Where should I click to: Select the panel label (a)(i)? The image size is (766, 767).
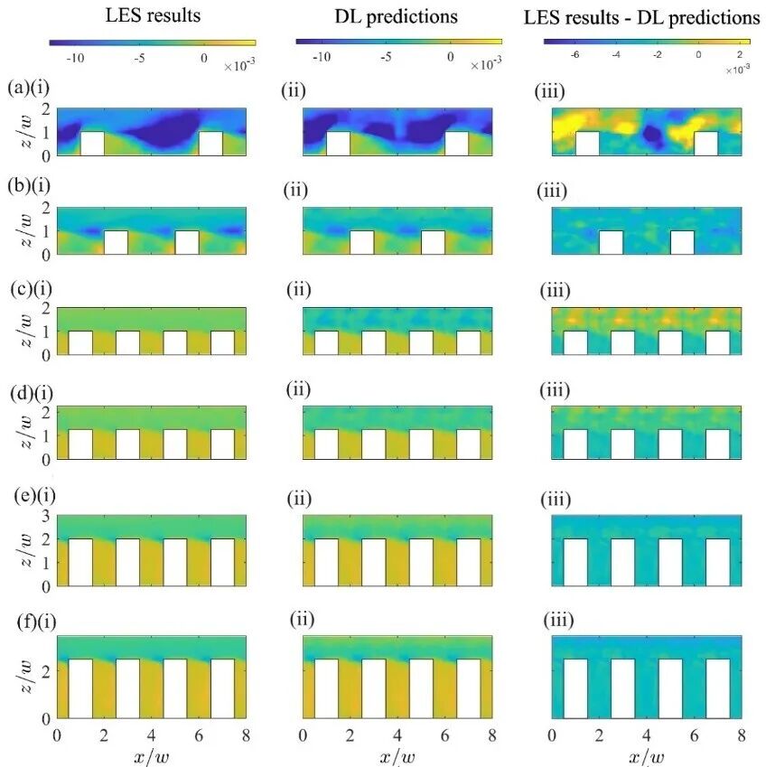coord(27,88)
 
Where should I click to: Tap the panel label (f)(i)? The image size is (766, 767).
coord(27,620)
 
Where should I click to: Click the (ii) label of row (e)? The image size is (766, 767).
coord(301,499)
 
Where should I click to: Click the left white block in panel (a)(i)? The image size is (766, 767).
coord(92,143)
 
